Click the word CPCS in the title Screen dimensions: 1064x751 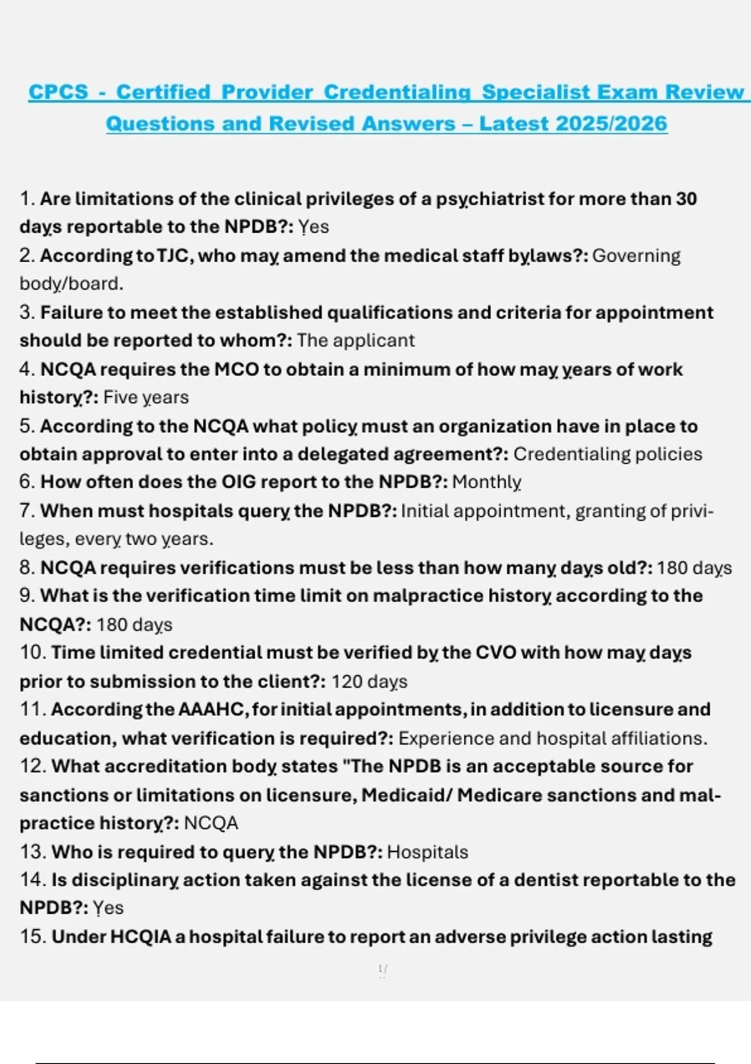(58, 92)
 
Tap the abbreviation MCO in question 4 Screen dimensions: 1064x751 (237, 369)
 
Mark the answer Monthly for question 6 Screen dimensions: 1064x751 (486, 482)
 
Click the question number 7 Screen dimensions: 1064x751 (26, 511)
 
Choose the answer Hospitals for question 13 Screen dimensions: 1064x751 (427, 852)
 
